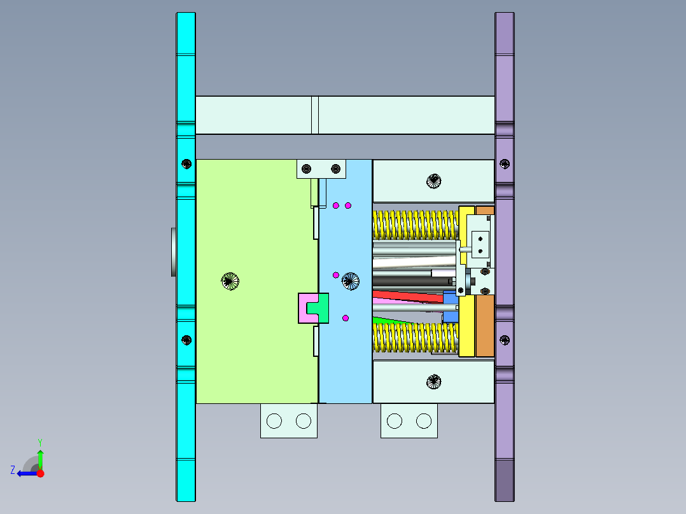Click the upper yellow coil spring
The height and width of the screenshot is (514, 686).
tap(414, 224)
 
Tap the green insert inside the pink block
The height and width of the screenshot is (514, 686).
tap(317, 309)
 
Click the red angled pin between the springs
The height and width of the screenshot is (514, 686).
tap(407, 296)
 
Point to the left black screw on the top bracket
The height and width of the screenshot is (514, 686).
tap(307, 169)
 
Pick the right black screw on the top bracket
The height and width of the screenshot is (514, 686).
tap(335, 169)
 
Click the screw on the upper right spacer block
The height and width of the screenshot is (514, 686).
tap(433, 181)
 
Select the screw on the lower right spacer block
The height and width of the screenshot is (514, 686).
tap(433, 382)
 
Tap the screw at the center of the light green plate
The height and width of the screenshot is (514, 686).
tap(230, 281)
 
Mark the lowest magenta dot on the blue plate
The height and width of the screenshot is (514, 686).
tap(346, 318)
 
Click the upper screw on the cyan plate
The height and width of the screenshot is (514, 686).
tap(186, 163)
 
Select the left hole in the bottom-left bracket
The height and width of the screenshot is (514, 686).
tap(274, 420)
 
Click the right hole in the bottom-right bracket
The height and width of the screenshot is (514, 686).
tap(424, 420)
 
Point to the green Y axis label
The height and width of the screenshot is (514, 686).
tap(39, 441)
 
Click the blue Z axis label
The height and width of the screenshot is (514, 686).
tap(13, 469)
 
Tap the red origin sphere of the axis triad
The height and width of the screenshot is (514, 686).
tap(40, 473)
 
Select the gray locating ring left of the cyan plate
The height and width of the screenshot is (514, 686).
tap(173, 252)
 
